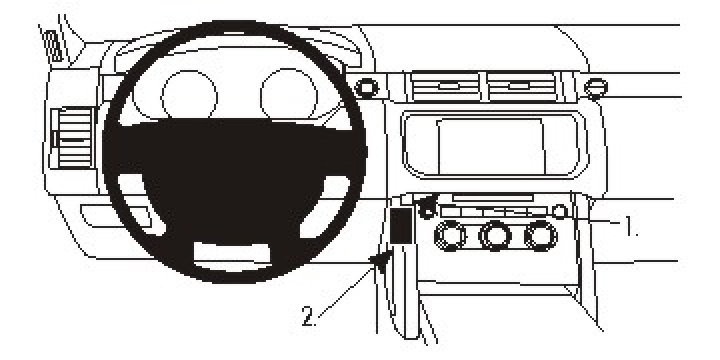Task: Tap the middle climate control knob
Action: coord(494,237)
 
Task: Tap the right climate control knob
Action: coord(541,237)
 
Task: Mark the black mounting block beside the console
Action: coord(402,226)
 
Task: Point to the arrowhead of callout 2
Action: coord(380,262)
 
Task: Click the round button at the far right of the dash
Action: coord(597,86)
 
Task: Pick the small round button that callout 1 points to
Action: coord(559,211)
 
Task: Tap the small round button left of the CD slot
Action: coord(429,210)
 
